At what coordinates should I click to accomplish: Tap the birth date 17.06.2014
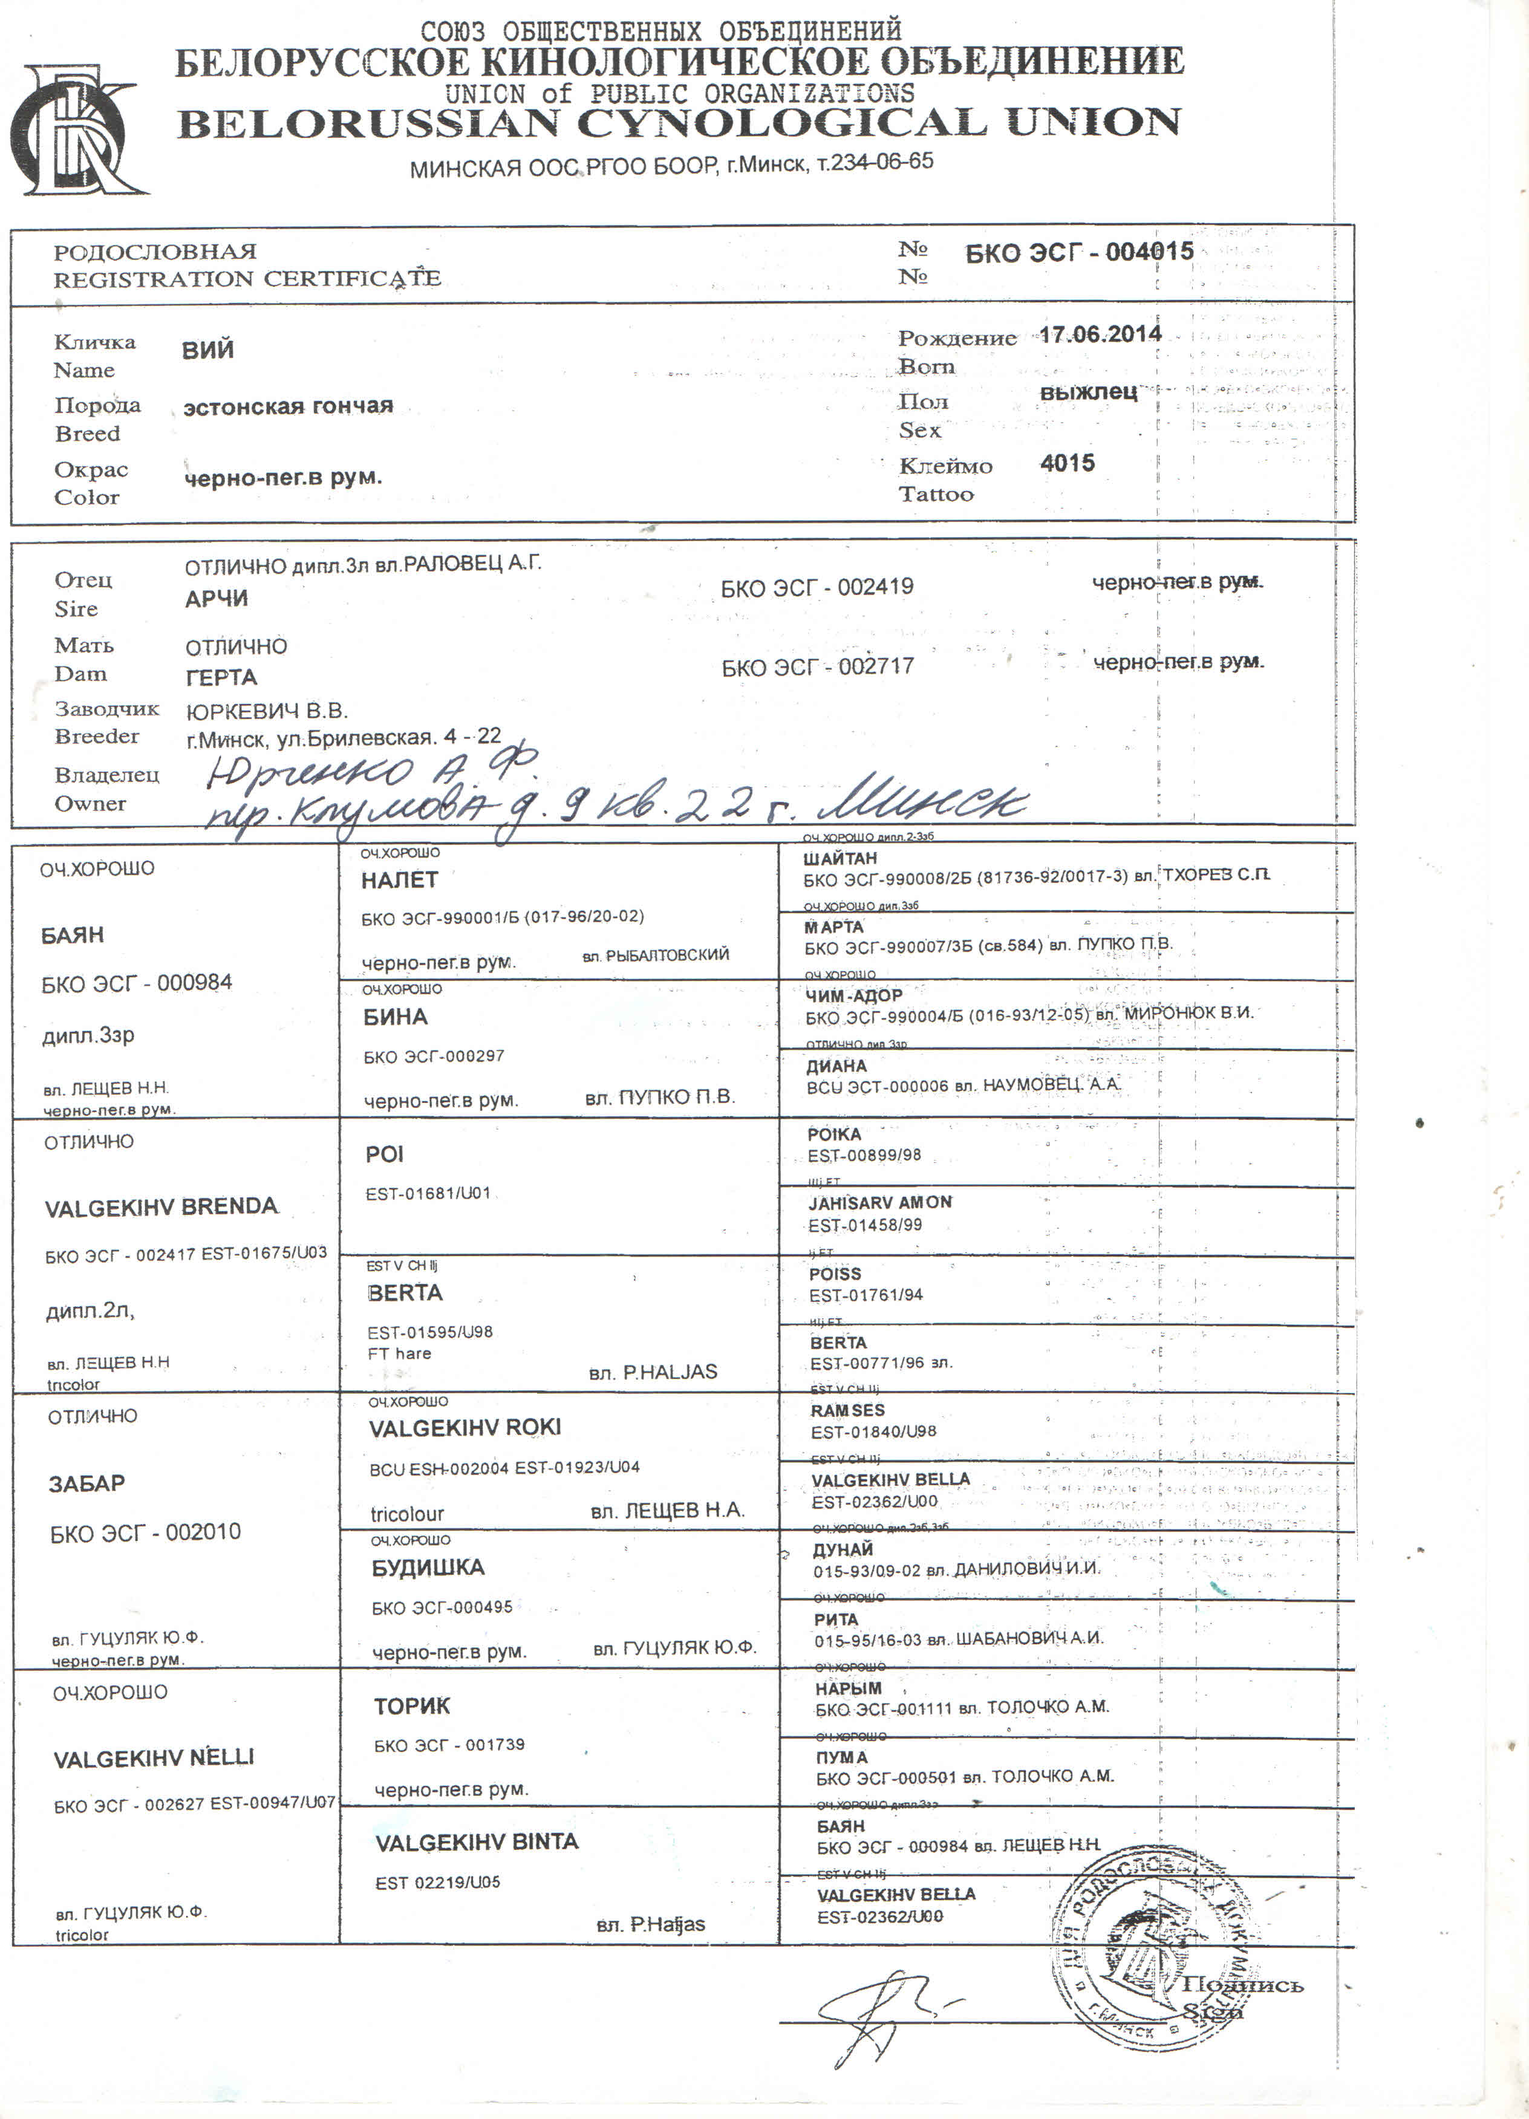click(1100, 334)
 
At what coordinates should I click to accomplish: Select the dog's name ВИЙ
click(207, 350)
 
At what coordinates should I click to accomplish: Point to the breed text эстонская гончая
click(288, 406)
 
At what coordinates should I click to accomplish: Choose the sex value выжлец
click(1088, 391)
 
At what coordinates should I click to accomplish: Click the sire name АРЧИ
click(216, 599)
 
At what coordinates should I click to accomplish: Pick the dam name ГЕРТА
click(221, 677)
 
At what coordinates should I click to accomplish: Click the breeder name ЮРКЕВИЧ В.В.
click(266, 712)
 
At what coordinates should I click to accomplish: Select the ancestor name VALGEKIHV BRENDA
click(161, 1207)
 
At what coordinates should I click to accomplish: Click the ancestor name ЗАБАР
click(86, 1483)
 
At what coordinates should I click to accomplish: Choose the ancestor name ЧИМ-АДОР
click(853, 996)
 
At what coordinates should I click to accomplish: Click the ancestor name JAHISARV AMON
click(879, 1202)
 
